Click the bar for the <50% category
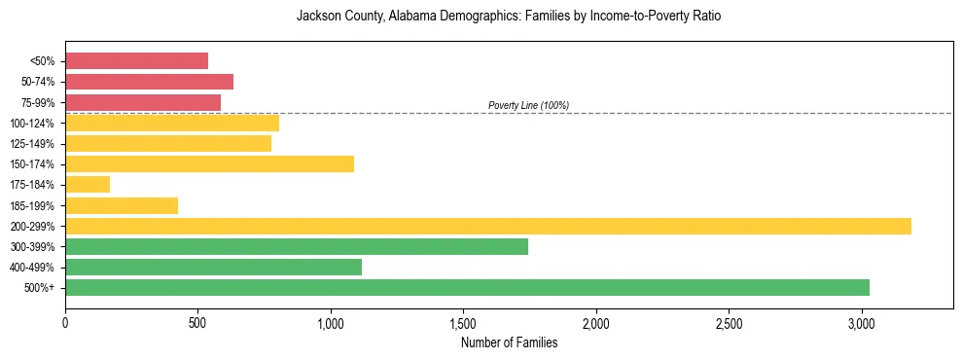136,61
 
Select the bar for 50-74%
149,82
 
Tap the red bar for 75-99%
143,102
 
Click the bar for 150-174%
209,163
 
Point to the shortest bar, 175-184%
88,185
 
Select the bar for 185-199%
122,205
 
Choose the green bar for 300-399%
297,246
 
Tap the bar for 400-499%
213,267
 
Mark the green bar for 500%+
467,287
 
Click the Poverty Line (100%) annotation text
528,105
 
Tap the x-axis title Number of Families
509,342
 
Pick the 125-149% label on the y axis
32,144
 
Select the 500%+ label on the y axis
40,288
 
